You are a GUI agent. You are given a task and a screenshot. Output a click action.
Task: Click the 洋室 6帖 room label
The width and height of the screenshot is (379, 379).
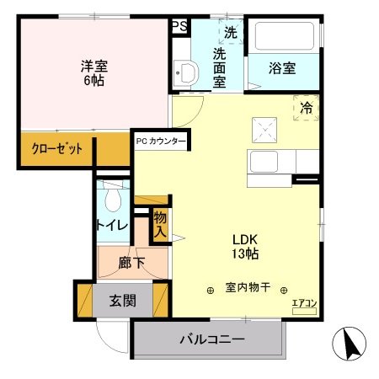93,73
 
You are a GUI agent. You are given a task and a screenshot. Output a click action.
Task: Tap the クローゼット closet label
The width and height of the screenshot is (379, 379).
57,148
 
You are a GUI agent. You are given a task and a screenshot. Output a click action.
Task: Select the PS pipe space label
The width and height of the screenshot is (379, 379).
179,26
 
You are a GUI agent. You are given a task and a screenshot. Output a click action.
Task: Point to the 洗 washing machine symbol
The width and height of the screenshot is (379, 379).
230,34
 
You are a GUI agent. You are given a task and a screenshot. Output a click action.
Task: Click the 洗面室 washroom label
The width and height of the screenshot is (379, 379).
218,67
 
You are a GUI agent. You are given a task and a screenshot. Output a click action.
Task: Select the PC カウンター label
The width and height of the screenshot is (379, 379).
161,141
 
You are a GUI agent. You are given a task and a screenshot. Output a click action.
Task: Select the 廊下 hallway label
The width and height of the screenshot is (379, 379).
133,263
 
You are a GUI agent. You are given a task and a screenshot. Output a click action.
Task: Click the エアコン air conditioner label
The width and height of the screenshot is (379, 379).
303,303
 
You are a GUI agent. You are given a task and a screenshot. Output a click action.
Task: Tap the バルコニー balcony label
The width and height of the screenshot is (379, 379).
211,341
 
